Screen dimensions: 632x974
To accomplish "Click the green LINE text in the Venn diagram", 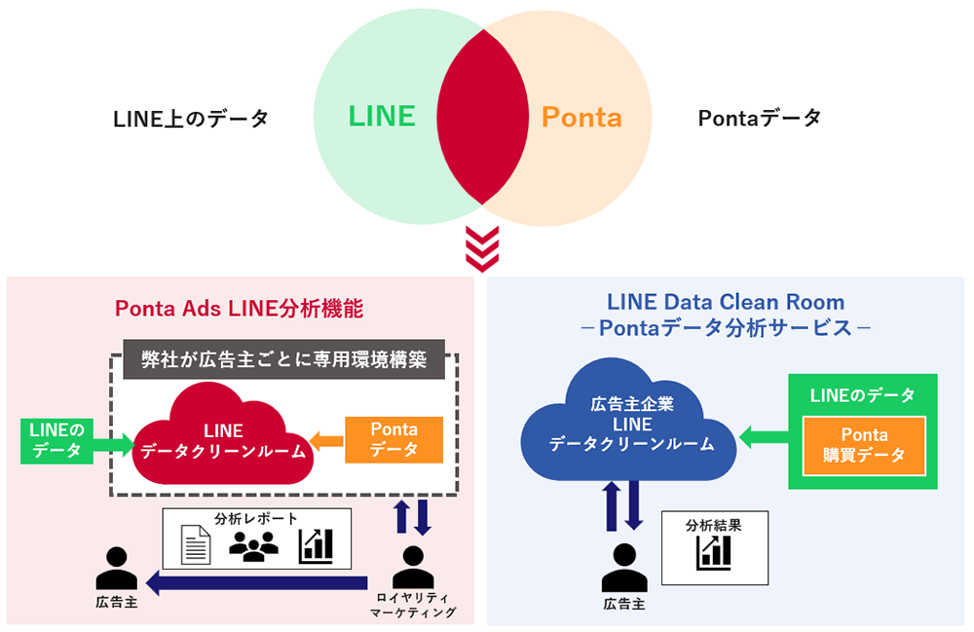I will click(x=382, y=117).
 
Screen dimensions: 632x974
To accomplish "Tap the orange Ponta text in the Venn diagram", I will click(x=581, y=118).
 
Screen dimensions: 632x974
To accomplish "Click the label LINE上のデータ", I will click(x=191, y=119).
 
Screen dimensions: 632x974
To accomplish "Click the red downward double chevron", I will click(x=482, y=250).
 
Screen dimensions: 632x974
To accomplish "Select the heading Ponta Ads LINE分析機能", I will click(x=239, y=309).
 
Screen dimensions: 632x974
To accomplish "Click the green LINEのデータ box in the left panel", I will click(x=56, y=439).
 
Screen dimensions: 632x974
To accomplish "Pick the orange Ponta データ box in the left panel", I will click(x=394, y=439).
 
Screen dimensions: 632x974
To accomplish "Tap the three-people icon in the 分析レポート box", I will click(x=253, y=546).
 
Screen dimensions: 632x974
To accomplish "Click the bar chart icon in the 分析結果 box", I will click(x=317, y=546).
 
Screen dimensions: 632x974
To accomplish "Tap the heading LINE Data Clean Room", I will click(x=725, y=301).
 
